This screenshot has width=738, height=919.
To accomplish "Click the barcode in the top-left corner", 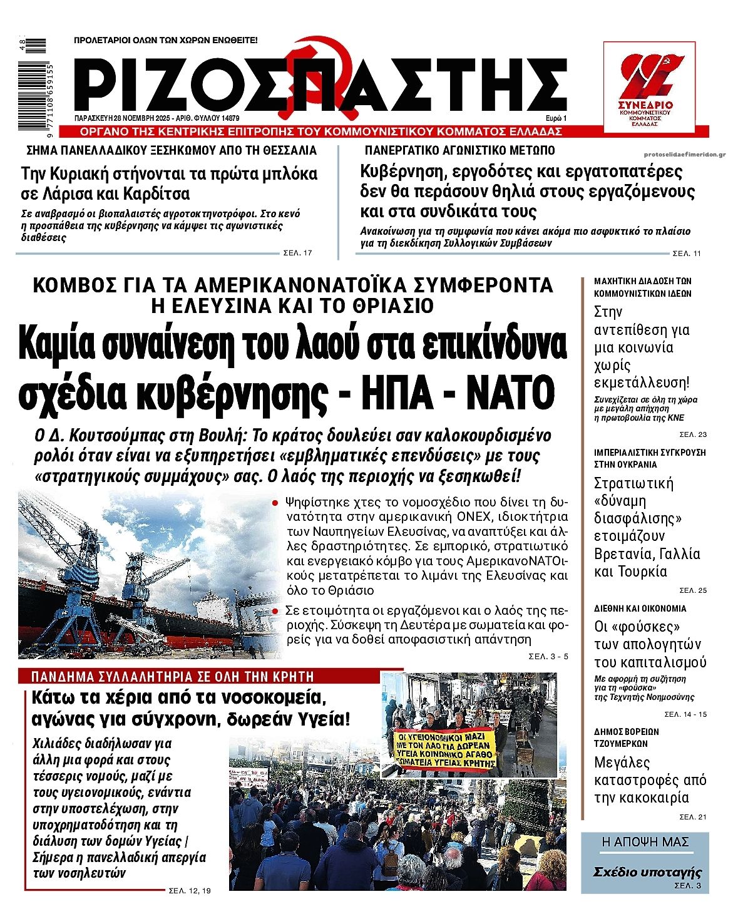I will pyautogui.click(x=31, y=85).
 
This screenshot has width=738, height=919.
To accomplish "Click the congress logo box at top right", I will pyautogui.click(x=649, y=87).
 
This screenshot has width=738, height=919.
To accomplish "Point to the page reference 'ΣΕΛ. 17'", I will pyautogui.click(x=297, y=253).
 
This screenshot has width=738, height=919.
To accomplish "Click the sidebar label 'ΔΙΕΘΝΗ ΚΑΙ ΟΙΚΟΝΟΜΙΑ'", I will pyautogui.click(x=640, y=608).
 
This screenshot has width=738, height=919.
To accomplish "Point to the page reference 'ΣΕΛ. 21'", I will pyautogui.click(x=693, y=817).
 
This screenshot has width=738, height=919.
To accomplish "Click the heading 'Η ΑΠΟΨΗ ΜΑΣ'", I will pyautogui.click(x=645, y=842).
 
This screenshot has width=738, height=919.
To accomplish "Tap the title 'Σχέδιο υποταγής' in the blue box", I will pyautogui.click(x=647, y=872).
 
